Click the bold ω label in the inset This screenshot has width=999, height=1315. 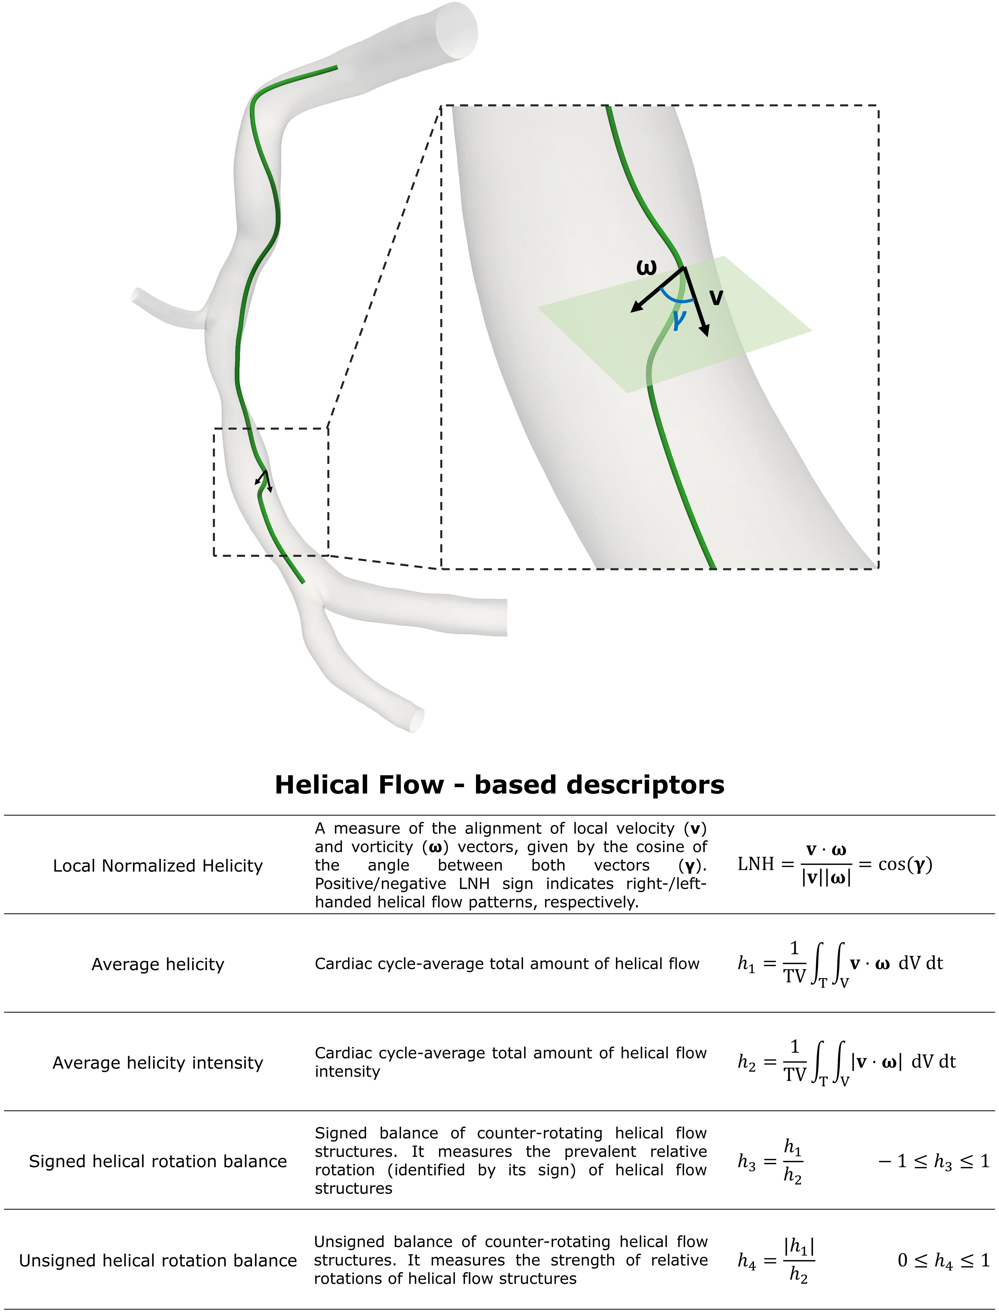(x=646, y=267)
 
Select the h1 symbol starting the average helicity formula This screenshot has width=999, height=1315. (x=746, y=964)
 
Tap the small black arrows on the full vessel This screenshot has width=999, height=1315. (x=263, y=481)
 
